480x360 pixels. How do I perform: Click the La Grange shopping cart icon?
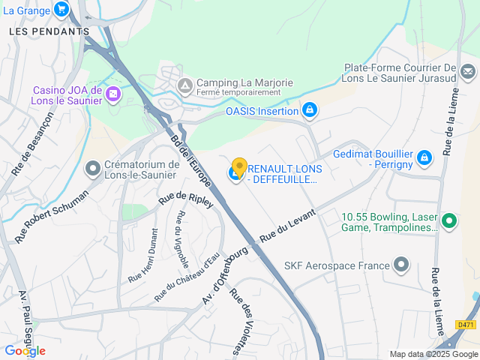click(61, 10)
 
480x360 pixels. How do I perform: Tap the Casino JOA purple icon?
click(112, 94)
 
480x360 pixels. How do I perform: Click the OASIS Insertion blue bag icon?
click(309, 111)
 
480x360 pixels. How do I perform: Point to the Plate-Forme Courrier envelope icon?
click(468, 72)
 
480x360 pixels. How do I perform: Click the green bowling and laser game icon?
click(449, 220)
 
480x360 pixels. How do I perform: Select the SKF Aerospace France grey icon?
click(402, 264)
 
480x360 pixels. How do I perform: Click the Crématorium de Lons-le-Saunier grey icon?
click(93, 169)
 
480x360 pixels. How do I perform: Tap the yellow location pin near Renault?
click(239, 166)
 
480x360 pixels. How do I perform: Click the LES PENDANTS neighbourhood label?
click(49, 31)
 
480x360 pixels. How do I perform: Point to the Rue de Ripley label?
click(186, 200)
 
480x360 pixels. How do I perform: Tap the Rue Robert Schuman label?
click(52, 215)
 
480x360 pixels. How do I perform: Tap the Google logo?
click(25, 350)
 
